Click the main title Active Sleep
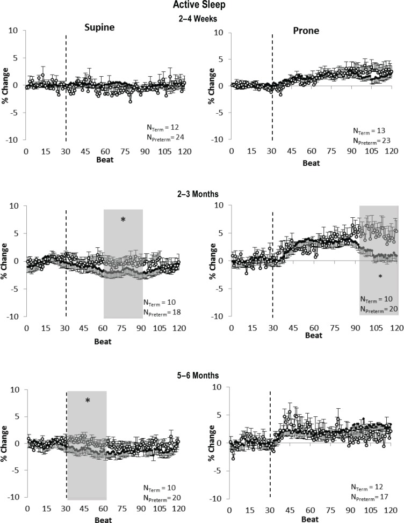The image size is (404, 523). tap(203, 6)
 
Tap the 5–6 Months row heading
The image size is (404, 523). tap(203, 376)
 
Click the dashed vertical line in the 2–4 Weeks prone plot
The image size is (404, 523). tap(272, 86)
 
